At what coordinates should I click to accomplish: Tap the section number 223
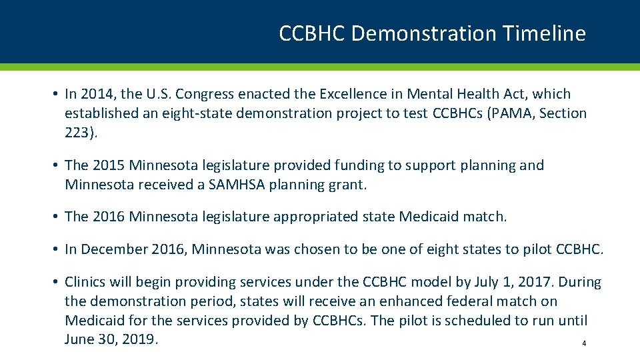point(78,132)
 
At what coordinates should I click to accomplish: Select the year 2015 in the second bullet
point(108,165)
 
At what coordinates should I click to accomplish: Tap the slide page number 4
point(584,344)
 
